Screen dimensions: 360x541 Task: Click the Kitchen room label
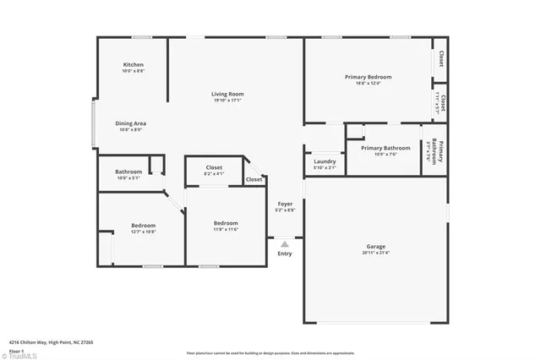point(133,65)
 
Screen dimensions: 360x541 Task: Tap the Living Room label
point(227,94)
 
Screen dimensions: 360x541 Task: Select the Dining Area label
point(130,123)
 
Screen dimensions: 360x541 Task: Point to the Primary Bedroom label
point(368,77)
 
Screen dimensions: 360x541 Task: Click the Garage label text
point(376,246)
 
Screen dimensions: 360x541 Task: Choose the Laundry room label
point(325,161)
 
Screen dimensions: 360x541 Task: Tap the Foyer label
point(286,204)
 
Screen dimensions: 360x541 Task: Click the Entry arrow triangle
point(285,243)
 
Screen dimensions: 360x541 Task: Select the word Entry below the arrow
point(285,254)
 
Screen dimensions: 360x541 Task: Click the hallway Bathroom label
point(129,172)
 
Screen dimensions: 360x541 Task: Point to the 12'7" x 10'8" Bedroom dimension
point(143,232)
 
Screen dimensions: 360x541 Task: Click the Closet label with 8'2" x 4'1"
point(215,174)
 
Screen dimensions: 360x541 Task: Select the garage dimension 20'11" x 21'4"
point(376,253)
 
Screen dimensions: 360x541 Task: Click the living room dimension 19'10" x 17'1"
point(227,100)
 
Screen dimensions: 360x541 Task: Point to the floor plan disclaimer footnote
point(270,353)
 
